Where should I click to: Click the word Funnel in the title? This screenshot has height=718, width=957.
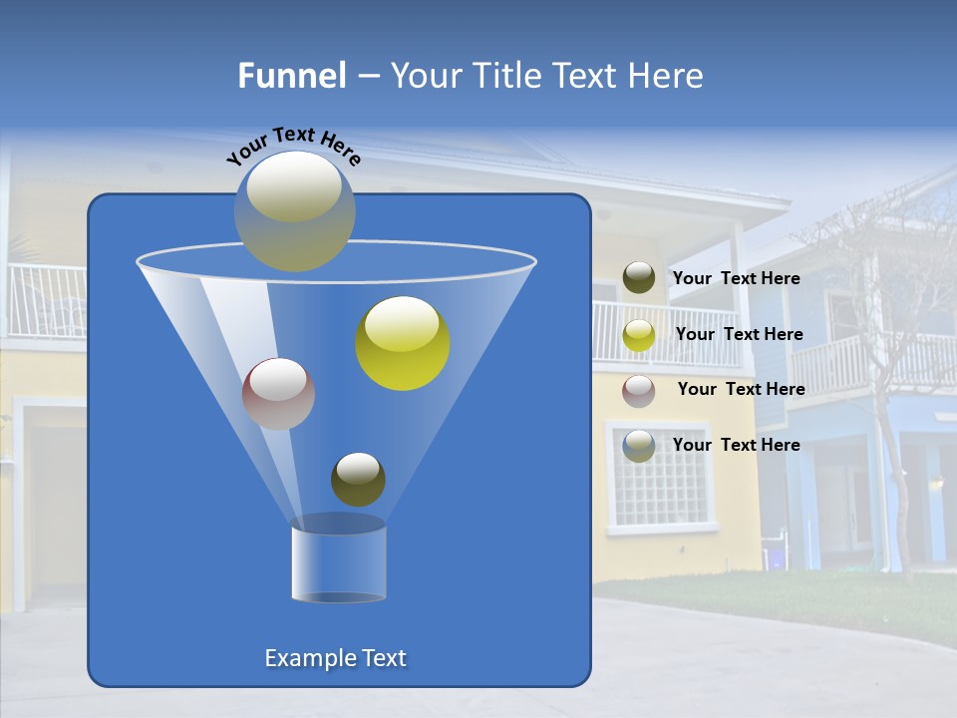click(291, 76)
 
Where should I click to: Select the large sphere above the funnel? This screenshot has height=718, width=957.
click(294, 210)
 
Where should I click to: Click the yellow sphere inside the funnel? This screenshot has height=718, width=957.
click(403, 343)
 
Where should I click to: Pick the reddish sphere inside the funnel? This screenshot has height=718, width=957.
click(278, 394)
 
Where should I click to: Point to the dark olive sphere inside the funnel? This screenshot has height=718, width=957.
click(358, 480)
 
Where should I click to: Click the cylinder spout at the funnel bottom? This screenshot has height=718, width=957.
click(338, 564)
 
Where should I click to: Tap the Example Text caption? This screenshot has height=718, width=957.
click(335, 658)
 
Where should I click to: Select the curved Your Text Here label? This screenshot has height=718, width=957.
click(293, 145)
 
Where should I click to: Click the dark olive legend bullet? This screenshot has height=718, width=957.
click(639, 278)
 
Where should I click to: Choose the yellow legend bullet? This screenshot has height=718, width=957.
click(639, 335)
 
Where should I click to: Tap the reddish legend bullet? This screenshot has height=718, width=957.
click(639, 391)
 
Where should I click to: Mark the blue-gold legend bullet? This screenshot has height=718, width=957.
click(639, 446)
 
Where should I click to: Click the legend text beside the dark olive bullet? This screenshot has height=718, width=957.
click(736, 279)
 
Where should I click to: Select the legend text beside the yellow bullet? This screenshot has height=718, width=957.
click(739, 335)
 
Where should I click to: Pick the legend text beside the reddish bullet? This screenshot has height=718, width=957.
click(741, 390)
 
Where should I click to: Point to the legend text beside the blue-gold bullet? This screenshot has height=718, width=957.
click(736, 445)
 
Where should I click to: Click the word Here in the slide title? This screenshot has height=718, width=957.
click(666, 76)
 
